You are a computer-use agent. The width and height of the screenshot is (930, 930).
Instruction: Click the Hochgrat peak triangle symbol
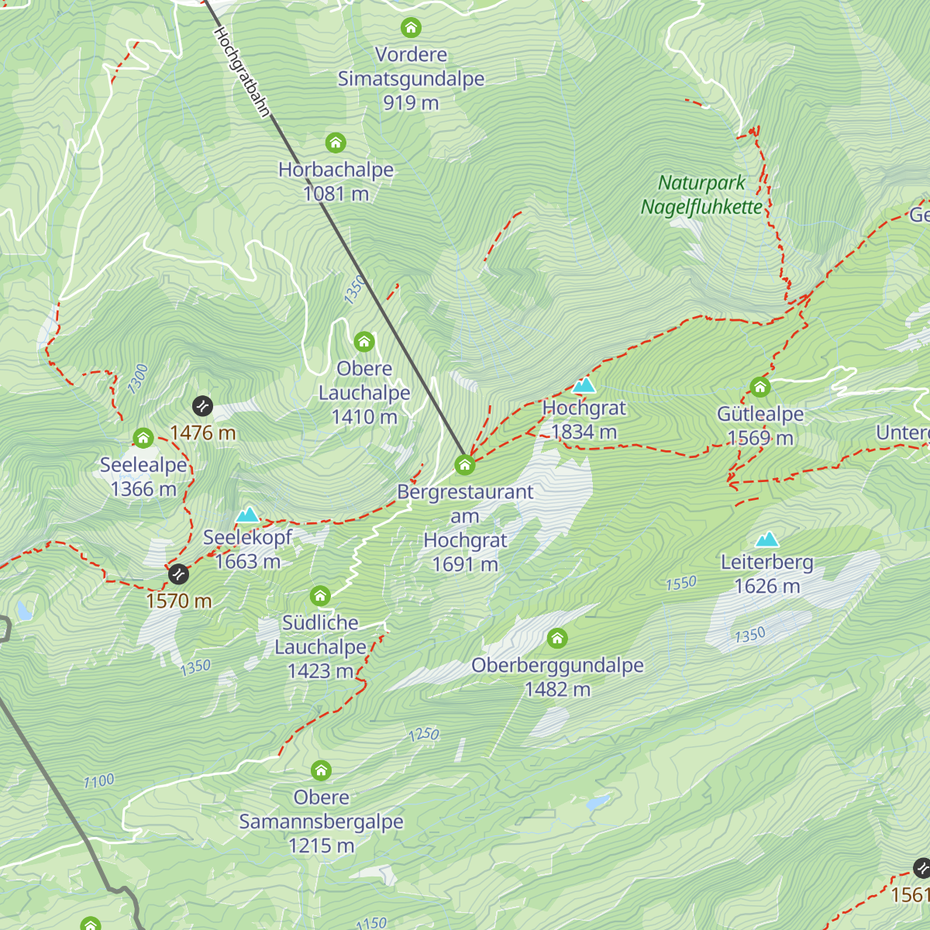point(584,385)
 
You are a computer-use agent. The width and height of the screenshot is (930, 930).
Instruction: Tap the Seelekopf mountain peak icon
point(247,515)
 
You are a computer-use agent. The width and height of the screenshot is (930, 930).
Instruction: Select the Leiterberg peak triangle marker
point(767,539)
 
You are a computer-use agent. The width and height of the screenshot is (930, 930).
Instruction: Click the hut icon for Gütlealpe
point(759,387)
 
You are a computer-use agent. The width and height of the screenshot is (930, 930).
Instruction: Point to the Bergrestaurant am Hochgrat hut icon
point(464,464)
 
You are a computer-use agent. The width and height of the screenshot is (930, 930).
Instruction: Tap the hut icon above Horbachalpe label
point(335,143)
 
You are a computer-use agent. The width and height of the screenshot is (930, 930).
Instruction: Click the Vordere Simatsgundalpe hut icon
point(411,28)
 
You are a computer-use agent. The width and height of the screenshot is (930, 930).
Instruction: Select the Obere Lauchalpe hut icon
point(363,341)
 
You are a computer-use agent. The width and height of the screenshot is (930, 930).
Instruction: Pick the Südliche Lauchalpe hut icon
point(320,596)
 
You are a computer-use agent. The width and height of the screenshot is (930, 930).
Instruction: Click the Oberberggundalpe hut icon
point(556,639)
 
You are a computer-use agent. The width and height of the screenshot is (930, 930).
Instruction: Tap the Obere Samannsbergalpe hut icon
point(321,770)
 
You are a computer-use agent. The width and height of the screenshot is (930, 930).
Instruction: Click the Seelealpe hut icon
point(143,438)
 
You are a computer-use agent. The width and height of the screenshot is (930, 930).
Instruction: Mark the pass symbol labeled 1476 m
point(202,405)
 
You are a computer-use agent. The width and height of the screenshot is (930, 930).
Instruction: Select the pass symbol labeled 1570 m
point(178,573)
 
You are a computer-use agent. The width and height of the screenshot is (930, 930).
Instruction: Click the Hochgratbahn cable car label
point(241,72)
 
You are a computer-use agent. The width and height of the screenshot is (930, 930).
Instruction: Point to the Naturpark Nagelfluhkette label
point(701,195)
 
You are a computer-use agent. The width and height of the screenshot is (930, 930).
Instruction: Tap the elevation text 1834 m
point(584,432)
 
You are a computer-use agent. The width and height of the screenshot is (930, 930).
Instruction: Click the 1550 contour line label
point(681,583)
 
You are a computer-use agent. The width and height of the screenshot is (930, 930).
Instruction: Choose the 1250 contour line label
point(423,734)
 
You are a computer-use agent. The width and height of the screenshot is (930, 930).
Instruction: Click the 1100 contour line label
point(98,781)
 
